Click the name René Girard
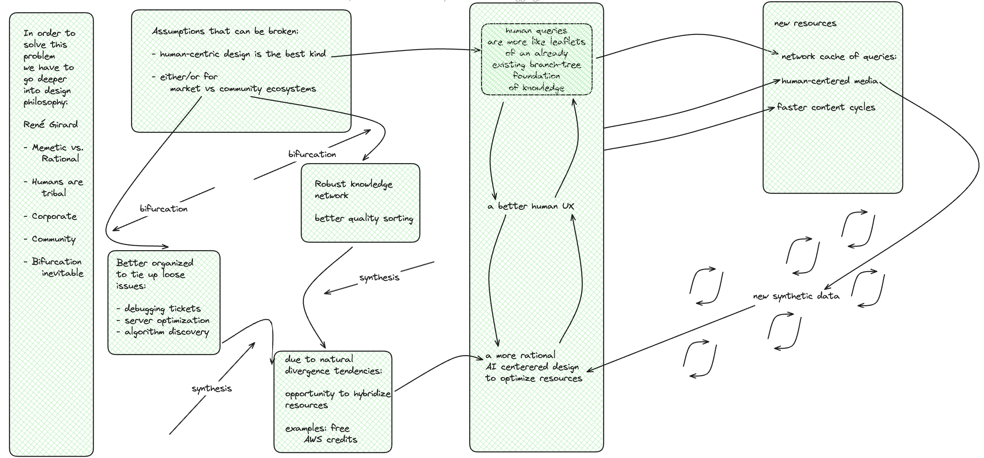pyautogui.click(x=50, y=124)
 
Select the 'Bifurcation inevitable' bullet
pyautogui.click(x=57, y=267)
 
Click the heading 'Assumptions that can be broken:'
pyautogui.click(x=225, y=31)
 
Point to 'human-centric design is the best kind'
pyautogui.click(x=243, y=54)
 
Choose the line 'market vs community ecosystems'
pyautogui.click(x=243, y=89)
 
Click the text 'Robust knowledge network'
pyautogui.click(x=353, y=190)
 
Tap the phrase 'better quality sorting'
pyautogui.click(x=364, y=218)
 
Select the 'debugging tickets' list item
pyautogui.click(x=162, y=309)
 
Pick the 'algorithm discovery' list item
pyautogui.click(x=166, y=332)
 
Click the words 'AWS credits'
pyautogui.click(x=330, y=439)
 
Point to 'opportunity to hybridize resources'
pyautogui.click(x=337, y=399)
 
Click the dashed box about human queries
pyautogui.click(x=536, y=59)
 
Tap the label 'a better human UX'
pyautogui.click(x=531, y=206)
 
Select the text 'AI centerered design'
pyautogui.click(x=532, y=367)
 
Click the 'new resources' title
pyautogui.click(x=805, y=24)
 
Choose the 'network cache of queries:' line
pyautogui.click(x=839, y=57)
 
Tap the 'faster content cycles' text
pyautogui.click(x=826, y=107)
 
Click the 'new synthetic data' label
pyautogui.click(x=796, y=296)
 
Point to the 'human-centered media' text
pyautogui.click(x=829, y=81)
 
